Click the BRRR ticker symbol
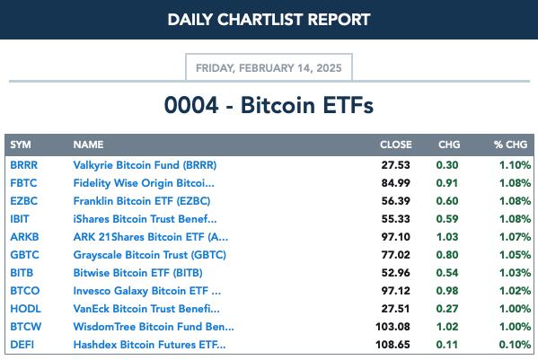pos(23,165)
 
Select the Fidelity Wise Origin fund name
pos(144,183)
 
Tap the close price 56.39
pos(395,201)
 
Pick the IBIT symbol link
pos(20,219)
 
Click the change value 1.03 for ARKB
pos(447,237)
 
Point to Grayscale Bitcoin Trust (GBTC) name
pos(150,255)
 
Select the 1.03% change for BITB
pos(515,273)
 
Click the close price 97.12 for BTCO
pos(395,291)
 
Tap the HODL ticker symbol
pos(25,309)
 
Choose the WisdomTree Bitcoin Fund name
pos(154,327)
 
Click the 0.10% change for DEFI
pos(515,345)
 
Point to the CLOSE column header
pos(395,145)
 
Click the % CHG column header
pos(510,145)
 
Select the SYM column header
pos(21,145)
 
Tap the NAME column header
pos(88,145)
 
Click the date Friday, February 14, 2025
pos(269,68)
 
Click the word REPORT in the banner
pos(339,20)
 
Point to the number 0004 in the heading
pos(191,105)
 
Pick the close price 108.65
pos(392,345)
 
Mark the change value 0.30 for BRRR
pos(447,165)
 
